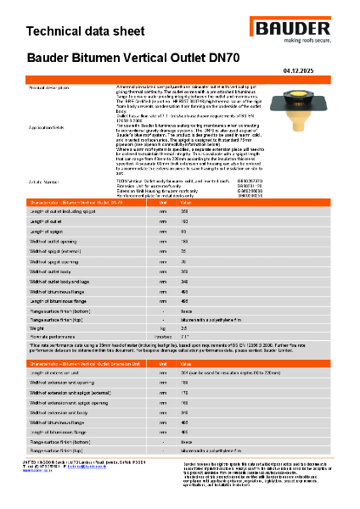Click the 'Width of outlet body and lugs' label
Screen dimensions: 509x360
[65, 280]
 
